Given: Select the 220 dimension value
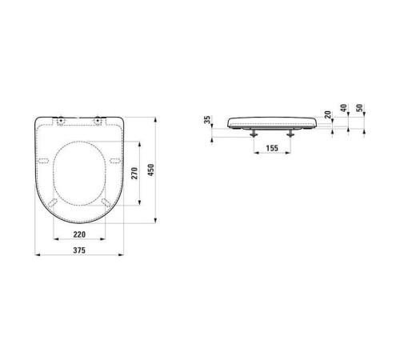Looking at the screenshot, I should coord(78,234).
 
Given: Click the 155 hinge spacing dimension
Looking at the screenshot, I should coord(270,147).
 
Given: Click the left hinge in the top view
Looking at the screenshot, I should coord(60,122).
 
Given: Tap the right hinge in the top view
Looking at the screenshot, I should coord(98,122).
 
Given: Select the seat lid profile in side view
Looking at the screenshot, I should coord(272,121).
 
